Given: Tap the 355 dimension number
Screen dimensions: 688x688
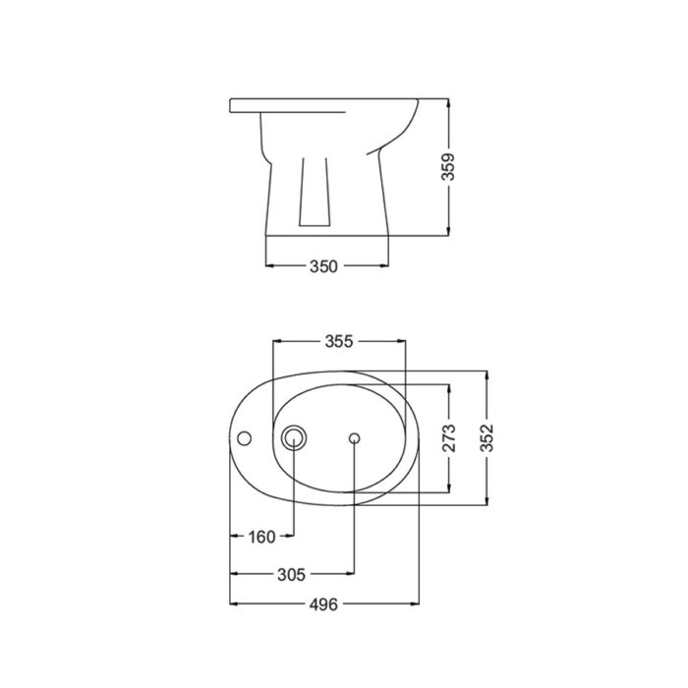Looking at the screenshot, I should [338, 341].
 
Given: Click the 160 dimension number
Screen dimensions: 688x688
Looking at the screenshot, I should [262, 536].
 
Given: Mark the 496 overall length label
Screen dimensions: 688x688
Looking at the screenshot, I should [324, 604].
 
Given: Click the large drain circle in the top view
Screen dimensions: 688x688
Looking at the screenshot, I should [293, 437].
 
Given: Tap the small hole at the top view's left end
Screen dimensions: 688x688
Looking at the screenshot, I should [245, 437].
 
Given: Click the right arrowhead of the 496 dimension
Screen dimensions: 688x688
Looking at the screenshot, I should [418, 604].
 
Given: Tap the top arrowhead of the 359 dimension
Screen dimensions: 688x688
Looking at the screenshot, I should [448, 101].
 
